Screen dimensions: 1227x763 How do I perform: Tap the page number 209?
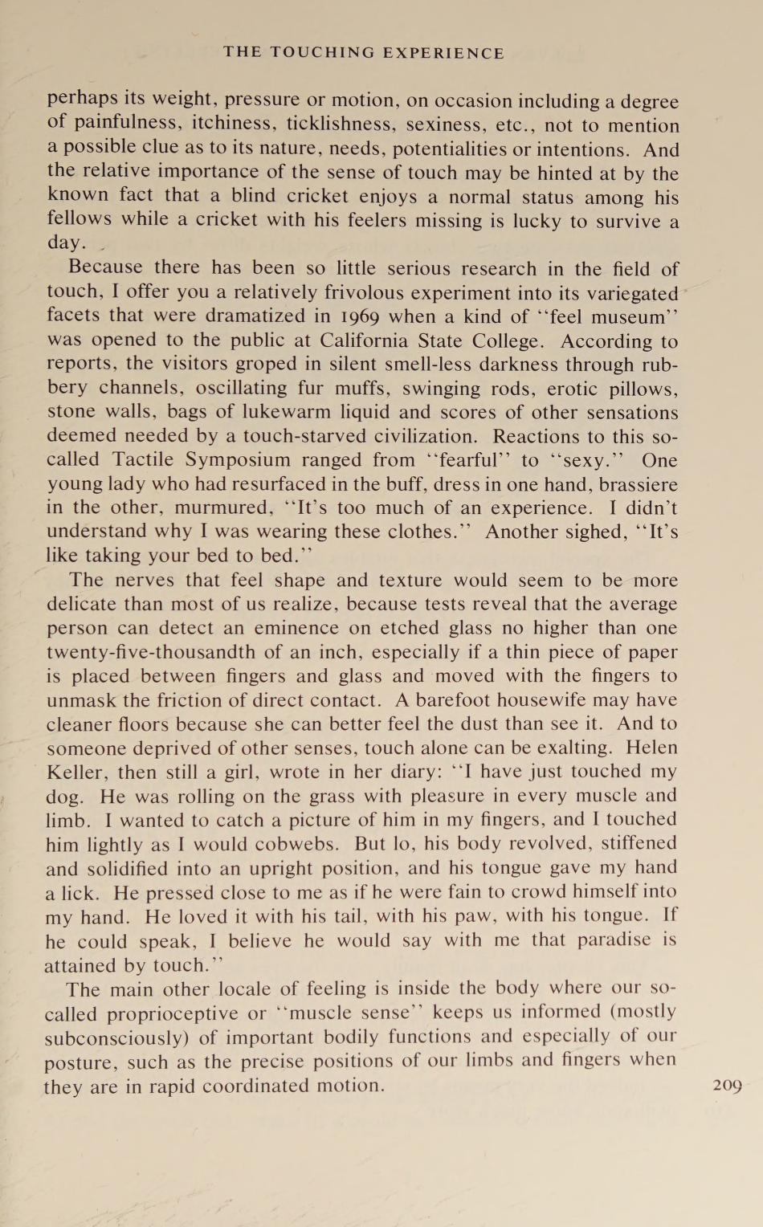[x=727, y=1086]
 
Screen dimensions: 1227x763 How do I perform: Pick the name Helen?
[x=651, y=748]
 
